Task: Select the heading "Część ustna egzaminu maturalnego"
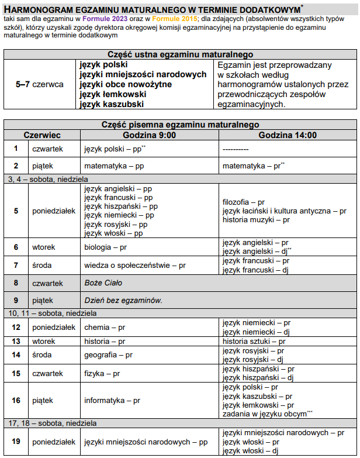coord(181,54)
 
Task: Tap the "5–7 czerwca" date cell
coord(40,84)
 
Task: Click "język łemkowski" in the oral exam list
coord(113,94)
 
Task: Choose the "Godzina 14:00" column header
coord(288,135)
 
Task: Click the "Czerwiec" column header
coord(42,135)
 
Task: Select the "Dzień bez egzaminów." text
coord(123,301)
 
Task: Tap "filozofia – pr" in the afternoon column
coord(244,202)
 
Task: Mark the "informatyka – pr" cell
coord(112,401)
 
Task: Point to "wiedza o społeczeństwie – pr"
coord(135,266)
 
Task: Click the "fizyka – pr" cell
coord(102,373)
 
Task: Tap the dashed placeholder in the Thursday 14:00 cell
coord(236,149)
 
